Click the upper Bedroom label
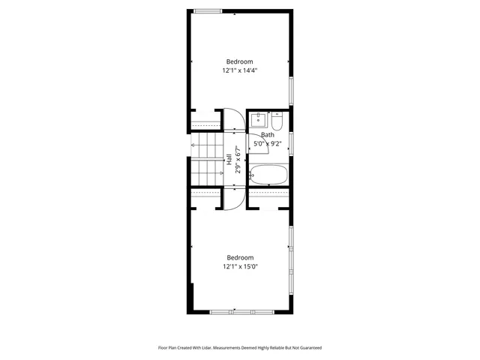point(240,61)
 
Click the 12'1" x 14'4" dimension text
point(240,70)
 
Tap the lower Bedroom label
point(240,257)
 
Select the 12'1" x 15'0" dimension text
point(240,266)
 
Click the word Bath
point(267,135)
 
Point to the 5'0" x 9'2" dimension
point(267,143)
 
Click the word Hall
point(229,159)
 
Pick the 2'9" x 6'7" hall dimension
point(237,159)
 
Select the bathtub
point(268,175)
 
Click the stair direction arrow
point(196,145)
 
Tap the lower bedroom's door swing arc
point(232,198)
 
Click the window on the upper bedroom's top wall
point(208,10)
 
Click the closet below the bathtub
point(268,196)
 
